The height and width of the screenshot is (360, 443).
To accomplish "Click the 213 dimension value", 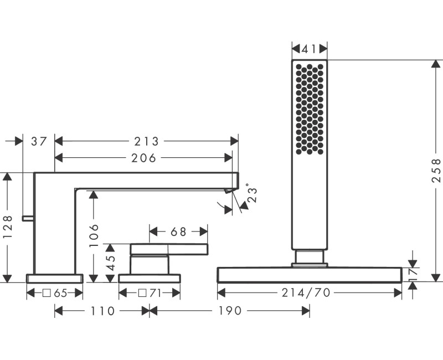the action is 146,142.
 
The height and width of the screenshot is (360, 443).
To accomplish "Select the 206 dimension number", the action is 144,158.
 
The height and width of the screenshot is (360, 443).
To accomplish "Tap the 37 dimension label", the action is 39,141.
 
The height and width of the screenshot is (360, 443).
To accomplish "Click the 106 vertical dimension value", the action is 94,236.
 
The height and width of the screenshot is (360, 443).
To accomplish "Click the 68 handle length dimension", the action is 178,232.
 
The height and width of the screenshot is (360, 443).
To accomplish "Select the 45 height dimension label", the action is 110,263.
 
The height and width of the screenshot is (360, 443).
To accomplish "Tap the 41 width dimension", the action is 309,49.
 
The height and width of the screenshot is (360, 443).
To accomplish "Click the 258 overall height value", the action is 436,171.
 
